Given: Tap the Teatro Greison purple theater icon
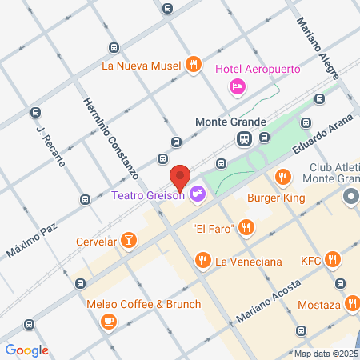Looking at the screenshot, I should point(198,193).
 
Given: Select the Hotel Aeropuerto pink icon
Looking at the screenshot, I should point(237,86).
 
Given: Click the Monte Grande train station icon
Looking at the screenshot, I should point(243,139).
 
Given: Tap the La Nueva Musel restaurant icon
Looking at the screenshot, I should point(192,65).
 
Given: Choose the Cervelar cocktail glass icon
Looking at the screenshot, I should point(128,240).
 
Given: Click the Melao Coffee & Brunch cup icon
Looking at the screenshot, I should point(108,321).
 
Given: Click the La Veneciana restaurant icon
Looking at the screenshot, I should point(203,260).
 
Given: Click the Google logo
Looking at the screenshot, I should point(26,350).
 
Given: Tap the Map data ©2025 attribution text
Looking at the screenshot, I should point(326,354).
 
